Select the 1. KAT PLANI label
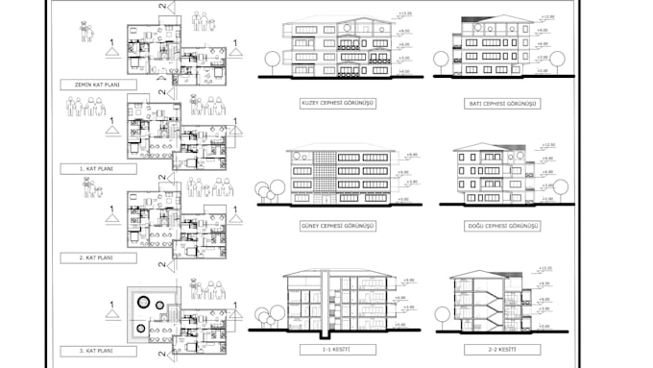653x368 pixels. (x=97, y=168)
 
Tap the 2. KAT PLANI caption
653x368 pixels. (x=97, y=258)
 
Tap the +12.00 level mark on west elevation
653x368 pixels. (x=545, y=17)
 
